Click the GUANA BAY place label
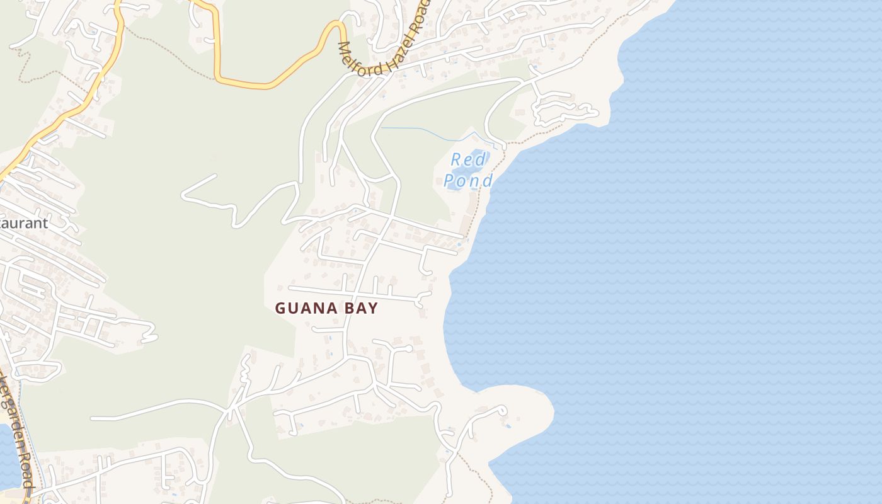pyautogui.click(x=326, y=308)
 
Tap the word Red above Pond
pyautogui.click(x=469, y=159)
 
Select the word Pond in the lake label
pyautogui.click(x=467, y=181)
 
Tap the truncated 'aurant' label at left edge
pyautogui.click(x=24, y=223)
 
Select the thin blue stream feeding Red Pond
pyautogui.click(x=428, y=133)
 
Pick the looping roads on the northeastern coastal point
pyautogui.click(x=564, y=110)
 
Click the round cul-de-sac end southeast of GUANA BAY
pyautogui.click(x=408, y=348)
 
